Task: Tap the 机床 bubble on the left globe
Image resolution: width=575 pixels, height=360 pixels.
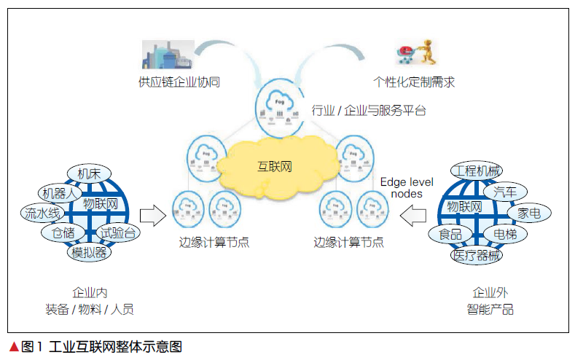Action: pos(90,173)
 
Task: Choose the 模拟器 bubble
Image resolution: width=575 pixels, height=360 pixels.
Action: pos(89,253)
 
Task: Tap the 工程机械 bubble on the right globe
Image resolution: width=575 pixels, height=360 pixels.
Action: pos(476,172)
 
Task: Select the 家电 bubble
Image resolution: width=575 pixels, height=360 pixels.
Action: pos(529,214)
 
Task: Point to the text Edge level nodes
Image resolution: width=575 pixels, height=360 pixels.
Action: pos(402,187)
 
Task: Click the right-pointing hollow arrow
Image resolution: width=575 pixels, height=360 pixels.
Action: pos(152,214)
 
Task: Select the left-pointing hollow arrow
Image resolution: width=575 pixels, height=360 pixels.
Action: pos(412,214)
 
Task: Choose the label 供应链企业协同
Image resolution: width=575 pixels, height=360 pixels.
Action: pos(179,82)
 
